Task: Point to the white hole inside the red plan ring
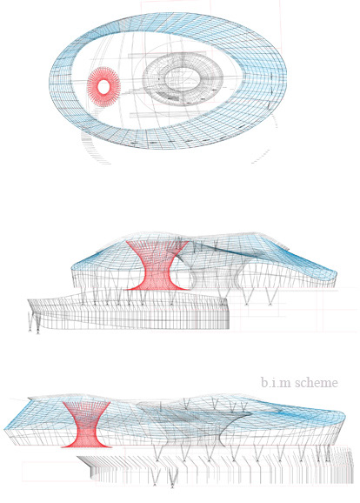(103, 87)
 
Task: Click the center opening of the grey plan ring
(183, 78)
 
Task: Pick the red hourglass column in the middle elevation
(157, 265)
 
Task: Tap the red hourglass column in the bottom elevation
(86, 424)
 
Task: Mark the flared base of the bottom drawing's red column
(86, 445)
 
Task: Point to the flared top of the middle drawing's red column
(157, 243)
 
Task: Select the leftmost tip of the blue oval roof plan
(50, 80)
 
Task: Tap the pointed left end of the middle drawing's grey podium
(28, 300)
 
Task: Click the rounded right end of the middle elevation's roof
(336, 275)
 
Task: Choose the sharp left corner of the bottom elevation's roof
(5, 429)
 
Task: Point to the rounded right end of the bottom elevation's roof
(343, 417)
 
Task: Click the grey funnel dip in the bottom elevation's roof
(192, 417)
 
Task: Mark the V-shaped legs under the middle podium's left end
(34, 322)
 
